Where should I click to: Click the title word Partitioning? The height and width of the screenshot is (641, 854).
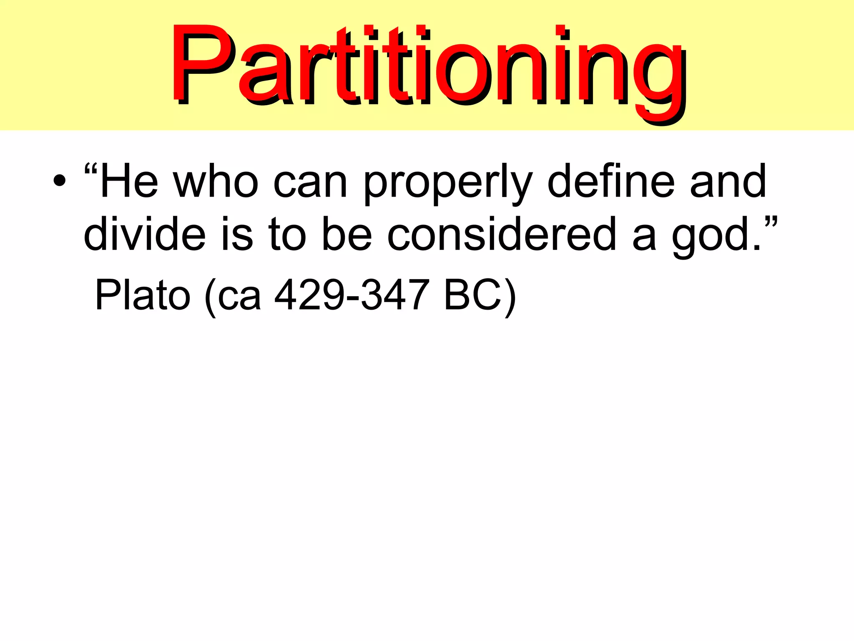(427, 67)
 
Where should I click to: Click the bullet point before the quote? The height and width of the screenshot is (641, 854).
(59, 181)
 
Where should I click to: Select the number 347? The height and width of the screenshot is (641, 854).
(394, 295)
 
